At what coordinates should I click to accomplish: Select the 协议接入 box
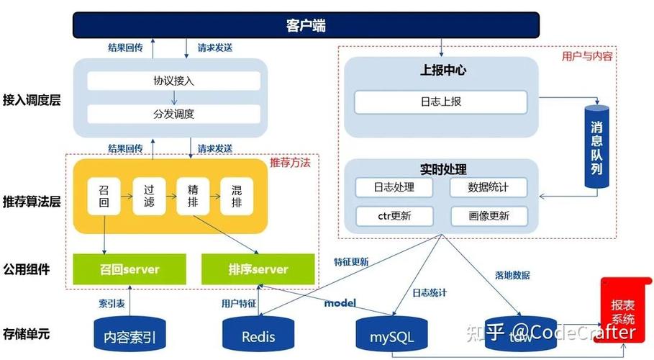point(173,81)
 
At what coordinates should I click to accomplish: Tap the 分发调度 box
point(173,114)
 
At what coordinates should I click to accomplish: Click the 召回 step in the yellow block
point(104,195)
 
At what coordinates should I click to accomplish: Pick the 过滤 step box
point(149,195)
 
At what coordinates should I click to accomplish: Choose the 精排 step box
point(193,195)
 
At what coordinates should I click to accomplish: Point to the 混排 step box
point(237,195)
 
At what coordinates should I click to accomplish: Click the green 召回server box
point(130,269)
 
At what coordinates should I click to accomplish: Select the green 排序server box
point(258,269)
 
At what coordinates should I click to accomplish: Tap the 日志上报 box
point(440,102)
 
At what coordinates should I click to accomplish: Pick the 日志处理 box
point(394,188)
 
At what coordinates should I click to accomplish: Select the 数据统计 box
point(489,188)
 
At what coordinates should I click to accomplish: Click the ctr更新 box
point(394,216)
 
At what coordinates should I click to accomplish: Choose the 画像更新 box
point(489,216)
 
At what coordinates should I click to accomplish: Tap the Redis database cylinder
point(258,334)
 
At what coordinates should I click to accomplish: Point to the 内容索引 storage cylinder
point(130,334)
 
